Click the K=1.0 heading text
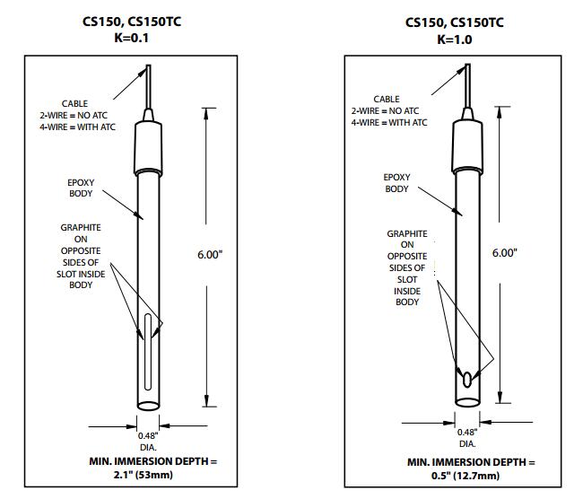coord(453,39)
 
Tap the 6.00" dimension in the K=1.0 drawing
coord(505,253)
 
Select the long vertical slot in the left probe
coord(149,351)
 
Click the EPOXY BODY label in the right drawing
coord(396,184)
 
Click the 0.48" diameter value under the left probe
coord(147,437)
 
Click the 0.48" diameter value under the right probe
coord(467,433)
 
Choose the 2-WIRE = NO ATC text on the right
coord(389,110)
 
